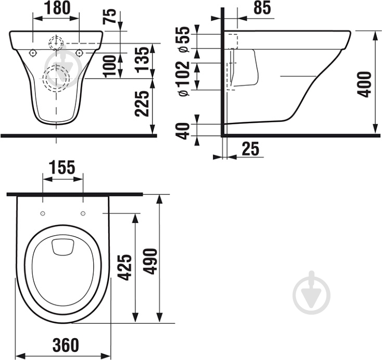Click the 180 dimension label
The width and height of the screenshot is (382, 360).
[57, 8]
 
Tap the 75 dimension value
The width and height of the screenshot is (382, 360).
[109, 16]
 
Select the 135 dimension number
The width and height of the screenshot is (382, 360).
[142, 60]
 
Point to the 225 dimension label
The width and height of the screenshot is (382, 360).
[142, 104]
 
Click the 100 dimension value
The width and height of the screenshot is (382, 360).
[109, 66]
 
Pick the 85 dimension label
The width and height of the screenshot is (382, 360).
[262, 8]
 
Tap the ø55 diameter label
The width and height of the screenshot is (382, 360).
[184, 39]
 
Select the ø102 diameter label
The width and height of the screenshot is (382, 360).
[184, 79]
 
